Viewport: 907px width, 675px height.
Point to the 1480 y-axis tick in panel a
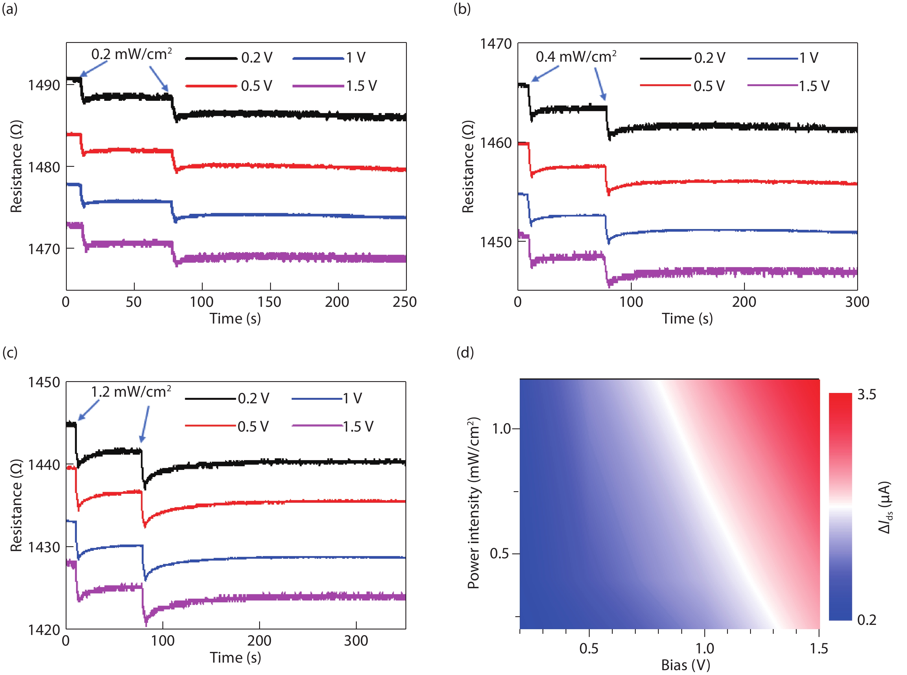tap(44, 167)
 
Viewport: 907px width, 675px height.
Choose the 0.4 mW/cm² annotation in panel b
tap(576, 57)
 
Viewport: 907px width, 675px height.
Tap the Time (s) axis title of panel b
tap(687, 319)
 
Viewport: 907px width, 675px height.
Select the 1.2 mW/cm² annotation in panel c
tap(131, 392)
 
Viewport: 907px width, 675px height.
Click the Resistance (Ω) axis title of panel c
tap(16, 506)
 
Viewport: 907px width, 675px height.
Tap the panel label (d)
tap(465, 352)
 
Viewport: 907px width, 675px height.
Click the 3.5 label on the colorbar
tap(867, 395)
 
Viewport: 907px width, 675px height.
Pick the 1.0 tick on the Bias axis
tap(705, 648)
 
